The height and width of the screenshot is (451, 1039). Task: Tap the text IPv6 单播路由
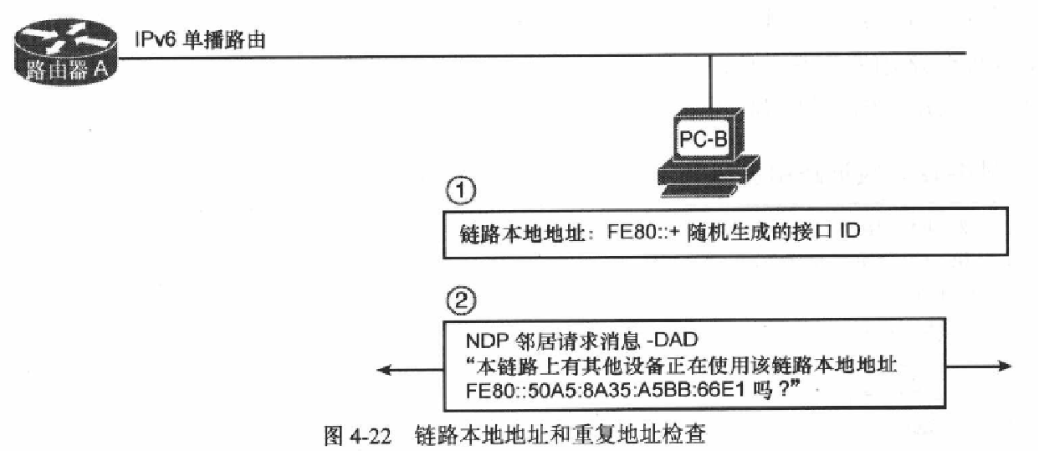(x=200, y=38)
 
